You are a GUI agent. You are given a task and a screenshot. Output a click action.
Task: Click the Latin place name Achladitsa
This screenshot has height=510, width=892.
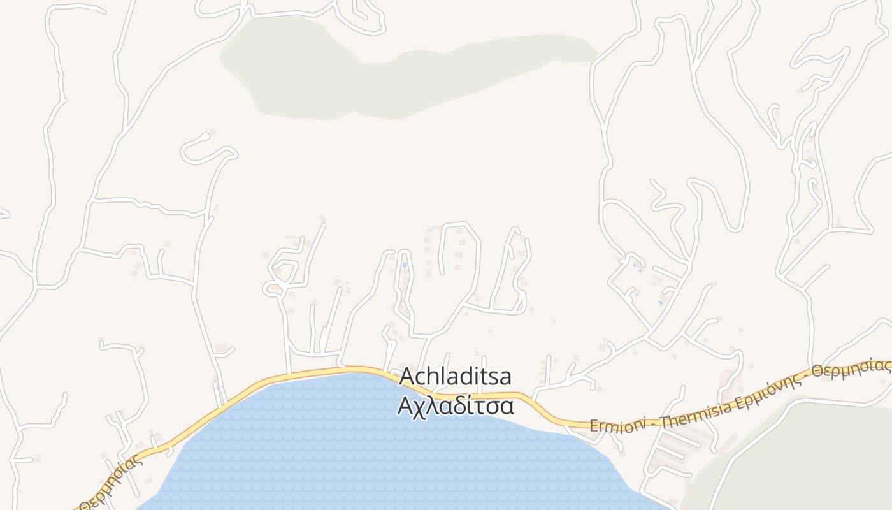pos(455,377)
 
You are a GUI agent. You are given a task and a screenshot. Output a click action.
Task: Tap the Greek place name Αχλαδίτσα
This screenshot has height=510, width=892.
pos(455,405)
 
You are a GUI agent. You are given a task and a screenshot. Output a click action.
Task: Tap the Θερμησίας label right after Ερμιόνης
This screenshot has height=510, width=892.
pos(850,368)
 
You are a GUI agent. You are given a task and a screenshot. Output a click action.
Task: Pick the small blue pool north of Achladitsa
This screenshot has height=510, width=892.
pos(404,265)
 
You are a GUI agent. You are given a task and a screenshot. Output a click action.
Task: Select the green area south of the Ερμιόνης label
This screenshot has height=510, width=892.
pos(803,453)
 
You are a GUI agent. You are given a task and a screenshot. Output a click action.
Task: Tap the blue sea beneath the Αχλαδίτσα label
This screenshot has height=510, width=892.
pos(382,446)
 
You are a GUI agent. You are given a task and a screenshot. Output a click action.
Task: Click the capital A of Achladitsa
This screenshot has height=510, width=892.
pos(406,377)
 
